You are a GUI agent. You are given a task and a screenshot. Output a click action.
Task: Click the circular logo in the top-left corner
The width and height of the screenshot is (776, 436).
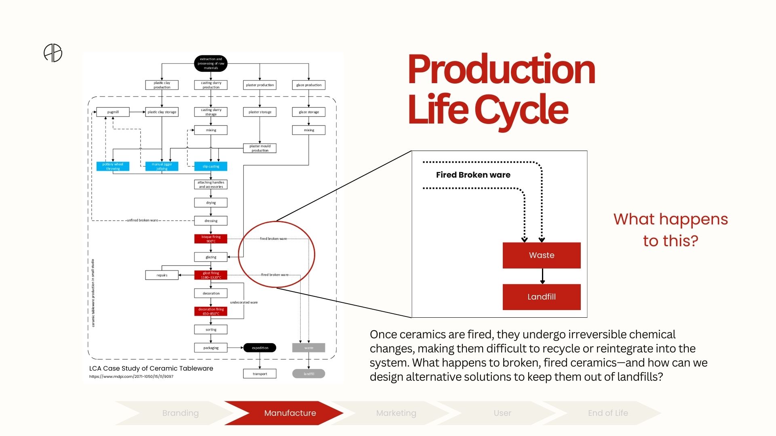pos(53,53)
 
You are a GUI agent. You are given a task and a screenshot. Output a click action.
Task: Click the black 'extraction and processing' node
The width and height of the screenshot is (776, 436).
pos(211,63)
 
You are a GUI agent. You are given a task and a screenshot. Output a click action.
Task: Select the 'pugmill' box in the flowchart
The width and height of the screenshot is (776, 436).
pos(113,112)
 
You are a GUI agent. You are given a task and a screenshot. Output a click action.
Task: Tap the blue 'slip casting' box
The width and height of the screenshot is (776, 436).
pos(211,166)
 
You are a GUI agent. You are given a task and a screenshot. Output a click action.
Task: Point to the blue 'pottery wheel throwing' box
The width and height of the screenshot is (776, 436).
pos(113,166)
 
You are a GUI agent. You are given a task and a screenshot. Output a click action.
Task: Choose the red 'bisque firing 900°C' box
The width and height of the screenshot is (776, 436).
pos(211,239)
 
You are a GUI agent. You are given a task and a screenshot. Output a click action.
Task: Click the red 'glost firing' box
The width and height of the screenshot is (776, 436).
pos(211,275)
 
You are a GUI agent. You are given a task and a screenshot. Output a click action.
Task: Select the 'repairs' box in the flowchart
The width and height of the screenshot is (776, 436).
pos(162,275)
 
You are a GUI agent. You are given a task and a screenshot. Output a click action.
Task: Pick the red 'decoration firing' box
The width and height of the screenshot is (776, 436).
pos(211,311)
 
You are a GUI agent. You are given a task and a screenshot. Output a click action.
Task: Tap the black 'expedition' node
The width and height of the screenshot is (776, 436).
pos(260,348)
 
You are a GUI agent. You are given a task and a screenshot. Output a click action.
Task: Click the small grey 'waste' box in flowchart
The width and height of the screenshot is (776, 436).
pos(308,348)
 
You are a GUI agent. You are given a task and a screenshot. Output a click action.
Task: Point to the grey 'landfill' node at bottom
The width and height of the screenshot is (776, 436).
pos(308,374)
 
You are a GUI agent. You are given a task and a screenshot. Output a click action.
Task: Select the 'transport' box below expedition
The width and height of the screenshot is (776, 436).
pos(260,374)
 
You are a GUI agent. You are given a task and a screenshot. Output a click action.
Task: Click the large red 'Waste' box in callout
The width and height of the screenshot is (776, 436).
pos(542,255)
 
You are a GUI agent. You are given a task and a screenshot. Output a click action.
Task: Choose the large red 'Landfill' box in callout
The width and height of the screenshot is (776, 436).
pos(542,297)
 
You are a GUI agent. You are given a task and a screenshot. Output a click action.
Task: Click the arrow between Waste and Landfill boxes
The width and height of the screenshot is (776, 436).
pos(542,276)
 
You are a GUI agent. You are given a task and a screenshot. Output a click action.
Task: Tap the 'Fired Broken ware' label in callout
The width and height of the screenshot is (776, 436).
pos(473,175)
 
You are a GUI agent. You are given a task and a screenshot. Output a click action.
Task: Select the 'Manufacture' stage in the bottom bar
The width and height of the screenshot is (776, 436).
pos(290,413)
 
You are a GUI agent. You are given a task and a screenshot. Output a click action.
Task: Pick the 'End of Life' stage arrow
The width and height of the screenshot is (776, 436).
pos(607,413)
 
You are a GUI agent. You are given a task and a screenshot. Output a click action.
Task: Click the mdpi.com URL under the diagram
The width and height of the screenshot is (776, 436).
pos(131,377)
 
